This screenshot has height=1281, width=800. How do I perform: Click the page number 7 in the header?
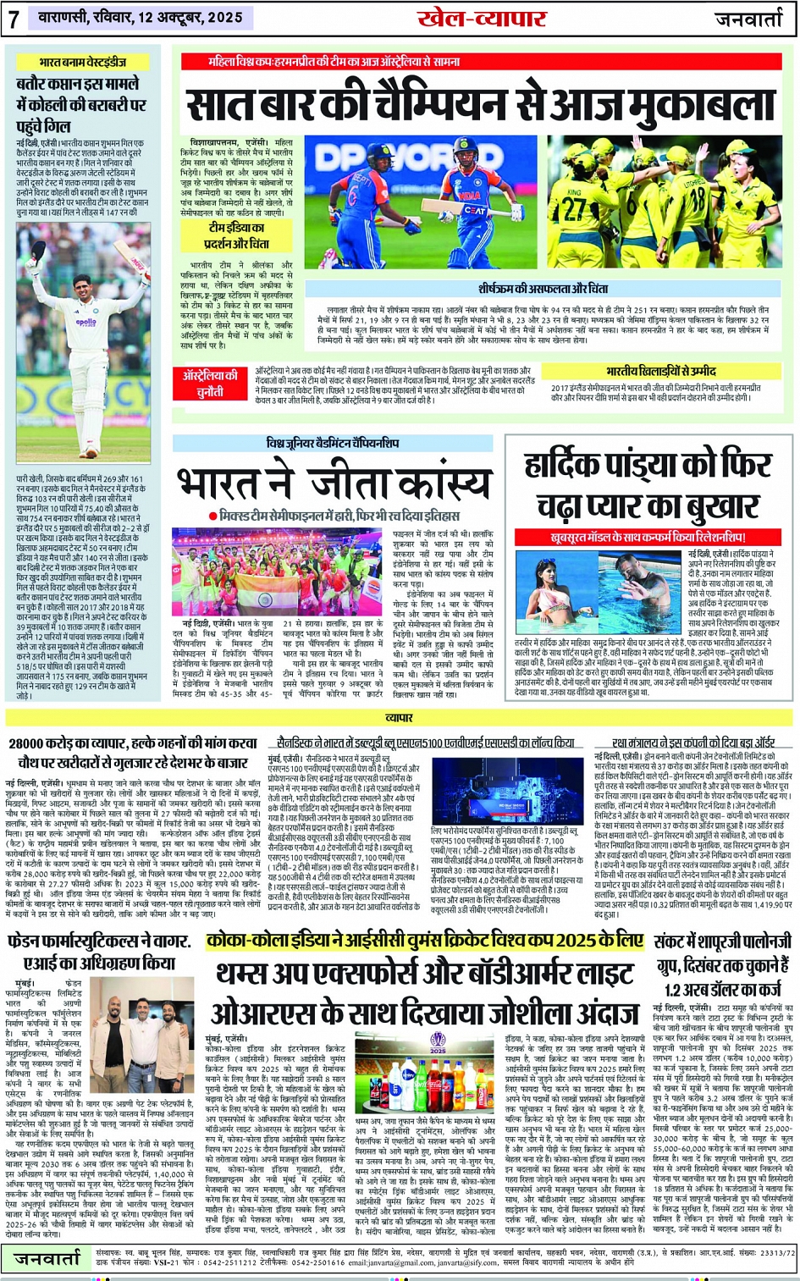click(14, 19)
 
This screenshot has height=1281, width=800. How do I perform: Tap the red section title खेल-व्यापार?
click(482, 18)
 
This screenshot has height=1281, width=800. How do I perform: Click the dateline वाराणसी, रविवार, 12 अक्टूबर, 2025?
click(140, 17)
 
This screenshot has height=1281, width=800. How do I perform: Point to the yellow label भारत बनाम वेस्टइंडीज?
click(82, 62)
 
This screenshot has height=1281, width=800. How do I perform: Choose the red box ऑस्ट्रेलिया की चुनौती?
click(211, 381)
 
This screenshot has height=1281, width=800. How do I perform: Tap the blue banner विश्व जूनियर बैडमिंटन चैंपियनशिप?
click(332, 443)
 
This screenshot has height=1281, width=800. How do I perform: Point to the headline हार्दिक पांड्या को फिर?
click(648, 466)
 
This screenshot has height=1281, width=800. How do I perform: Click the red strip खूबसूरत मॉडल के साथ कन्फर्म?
click(648, 538)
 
